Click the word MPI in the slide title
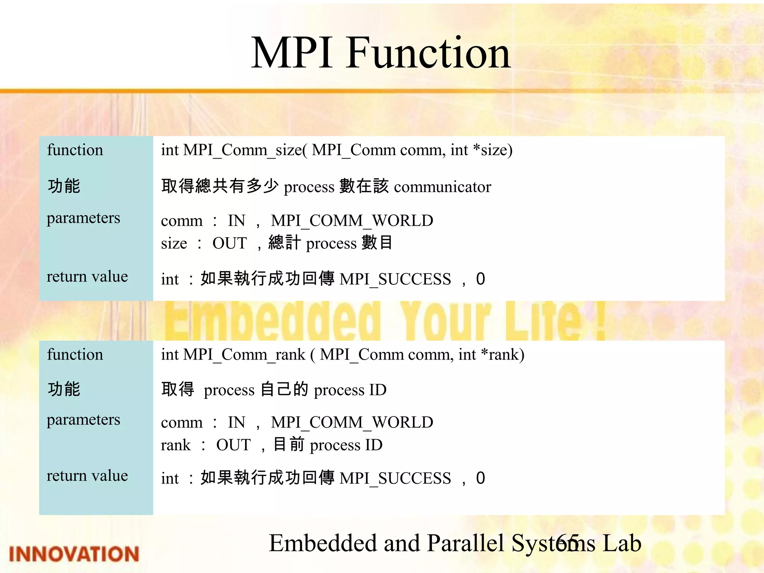[x=292, y=53]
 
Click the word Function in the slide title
[x=428, y=53]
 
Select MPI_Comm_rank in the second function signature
[x=244, y=354]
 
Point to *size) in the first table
[x=492, y=150]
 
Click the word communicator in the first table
[x=442, y=187]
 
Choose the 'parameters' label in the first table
[x=83, y=218]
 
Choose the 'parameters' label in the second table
[x=83, y=420]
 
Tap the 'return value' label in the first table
[x=87, y=276]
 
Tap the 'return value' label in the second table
[x=87, y=476]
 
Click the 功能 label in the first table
[x=64, y=186]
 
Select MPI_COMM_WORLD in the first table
[x=352, y=220]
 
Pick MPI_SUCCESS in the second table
[x=395, y=478]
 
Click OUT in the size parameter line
[x=229, y=243]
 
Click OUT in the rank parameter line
[x=233, y=445]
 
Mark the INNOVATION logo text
[x=74, y=554]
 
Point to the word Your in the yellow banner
[x=444, y=321]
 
